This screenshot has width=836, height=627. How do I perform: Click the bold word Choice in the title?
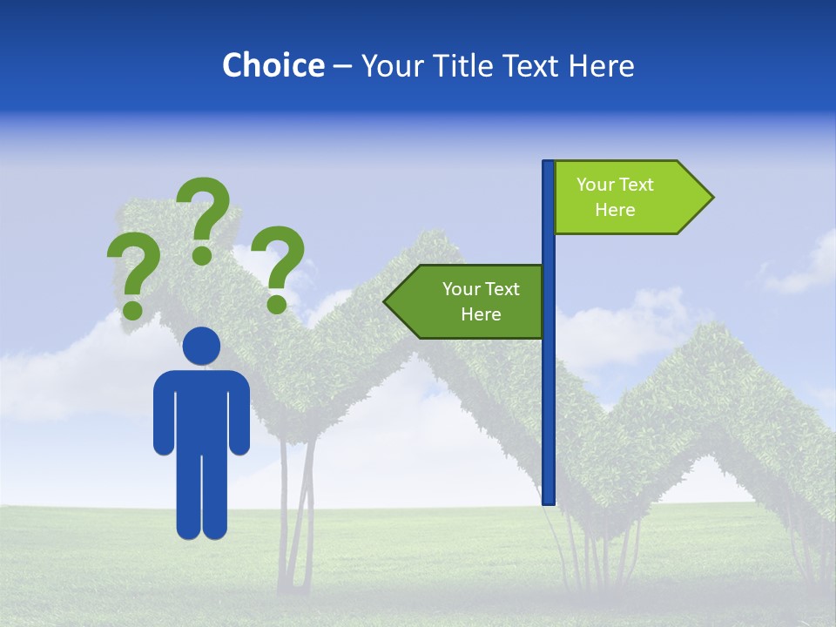tap(273, 66)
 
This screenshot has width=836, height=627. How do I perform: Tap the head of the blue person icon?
tap(202, 346)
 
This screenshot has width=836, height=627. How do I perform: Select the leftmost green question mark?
tap(132, 270)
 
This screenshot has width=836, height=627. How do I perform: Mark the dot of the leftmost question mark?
tap(132, 309)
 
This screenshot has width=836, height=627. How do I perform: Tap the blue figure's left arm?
tap(164, 414)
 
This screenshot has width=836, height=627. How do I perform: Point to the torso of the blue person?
tap(202, 409)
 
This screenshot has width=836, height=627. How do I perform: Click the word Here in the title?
tap(601, 66)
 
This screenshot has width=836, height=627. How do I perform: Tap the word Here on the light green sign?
tap(615, 210)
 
